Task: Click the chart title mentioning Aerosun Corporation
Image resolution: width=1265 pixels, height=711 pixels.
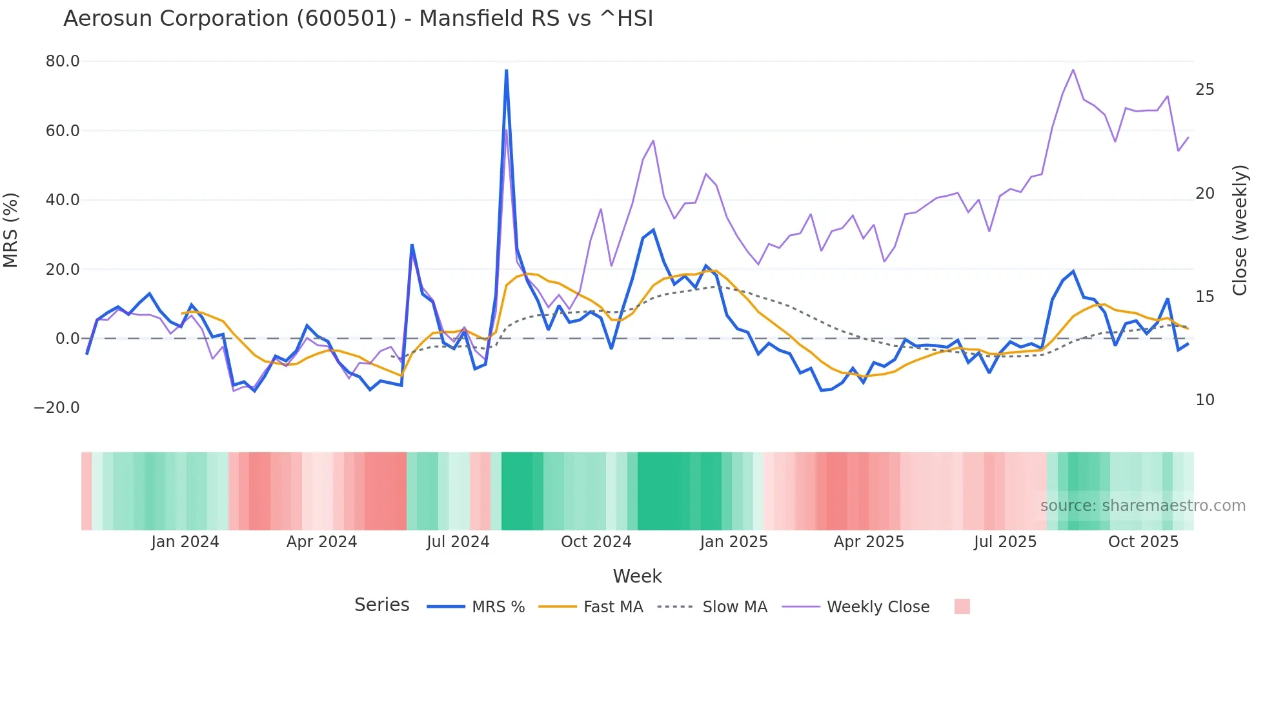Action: [x=358, y=19]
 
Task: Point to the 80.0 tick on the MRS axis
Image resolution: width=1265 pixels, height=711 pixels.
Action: [x=63, y=61]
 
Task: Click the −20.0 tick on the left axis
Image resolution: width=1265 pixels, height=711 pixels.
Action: [x=57, y=408]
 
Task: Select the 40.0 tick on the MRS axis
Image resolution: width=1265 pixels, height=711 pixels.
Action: [x=63, y=200]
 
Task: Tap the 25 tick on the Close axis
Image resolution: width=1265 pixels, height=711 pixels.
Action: [x=1204, y=90]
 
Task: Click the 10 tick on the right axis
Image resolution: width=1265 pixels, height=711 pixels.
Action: [x=1204, y=400]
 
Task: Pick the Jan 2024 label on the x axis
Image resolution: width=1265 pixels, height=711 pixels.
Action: [x=185, y=542]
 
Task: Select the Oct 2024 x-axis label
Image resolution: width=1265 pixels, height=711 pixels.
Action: [x=596, y=542]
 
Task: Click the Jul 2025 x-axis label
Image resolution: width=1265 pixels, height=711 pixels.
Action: [x=1005, y=542]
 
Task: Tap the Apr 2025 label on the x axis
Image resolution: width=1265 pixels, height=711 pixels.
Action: [x=869, y=542]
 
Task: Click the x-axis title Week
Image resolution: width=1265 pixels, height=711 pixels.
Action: [x=637, y=576]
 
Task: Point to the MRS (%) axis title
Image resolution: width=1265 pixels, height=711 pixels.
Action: [x=11, y=230]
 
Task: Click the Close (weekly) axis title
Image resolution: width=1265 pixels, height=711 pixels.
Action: [x=1240, y=230]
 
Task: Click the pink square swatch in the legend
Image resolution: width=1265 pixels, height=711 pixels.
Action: [x=962, y=606]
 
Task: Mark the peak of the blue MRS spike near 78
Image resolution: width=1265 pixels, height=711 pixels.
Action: [x=507, y=70]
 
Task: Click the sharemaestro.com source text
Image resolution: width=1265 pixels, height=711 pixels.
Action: [x=1142, y=506]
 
